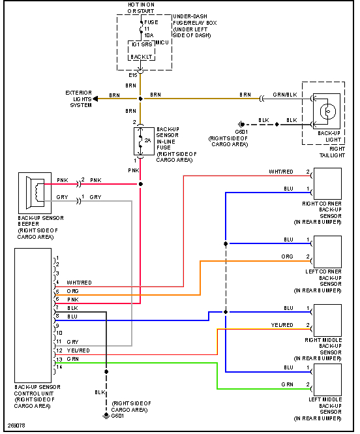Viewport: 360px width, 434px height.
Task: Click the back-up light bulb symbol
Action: tap(328, 111)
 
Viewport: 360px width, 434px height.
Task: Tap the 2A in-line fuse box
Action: tap(143, 141)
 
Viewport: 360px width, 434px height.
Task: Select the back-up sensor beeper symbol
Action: tap(35, 193)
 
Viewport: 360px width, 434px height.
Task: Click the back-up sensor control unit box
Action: tap(33, 315)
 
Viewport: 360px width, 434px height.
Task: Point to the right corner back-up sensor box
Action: tap(327, 183)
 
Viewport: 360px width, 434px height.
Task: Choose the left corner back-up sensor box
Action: tap(327, 252)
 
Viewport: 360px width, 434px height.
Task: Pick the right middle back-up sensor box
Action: tap(327, 320)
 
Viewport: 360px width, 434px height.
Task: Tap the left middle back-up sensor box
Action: tap(327, 380)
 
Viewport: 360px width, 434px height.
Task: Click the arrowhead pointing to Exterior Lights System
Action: tap(95, 99)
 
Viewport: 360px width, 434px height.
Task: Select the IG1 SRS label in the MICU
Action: tap(142, 44)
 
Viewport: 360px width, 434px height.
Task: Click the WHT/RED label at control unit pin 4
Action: tap(79, 283)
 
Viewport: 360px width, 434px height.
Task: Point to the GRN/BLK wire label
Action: tap(285, 95)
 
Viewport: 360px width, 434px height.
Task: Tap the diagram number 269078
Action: tap(16, 426)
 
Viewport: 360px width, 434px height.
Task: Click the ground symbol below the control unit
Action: tap(106, 416)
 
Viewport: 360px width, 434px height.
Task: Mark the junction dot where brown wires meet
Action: tap(140, 99)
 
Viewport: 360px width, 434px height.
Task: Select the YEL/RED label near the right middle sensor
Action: tap(282, 325)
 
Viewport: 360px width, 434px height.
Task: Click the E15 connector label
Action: tap(133, 75)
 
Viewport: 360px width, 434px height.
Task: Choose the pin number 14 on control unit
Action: tap(59, 367)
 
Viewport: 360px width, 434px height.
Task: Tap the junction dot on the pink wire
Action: tap(140, 184)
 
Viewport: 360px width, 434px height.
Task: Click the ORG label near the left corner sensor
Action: tap(287, 256)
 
